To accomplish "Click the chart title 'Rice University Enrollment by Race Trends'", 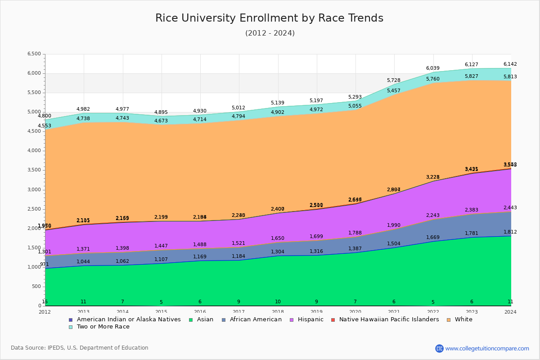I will (x=269, y=18).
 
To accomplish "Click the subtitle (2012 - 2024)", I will (x=270, y=33).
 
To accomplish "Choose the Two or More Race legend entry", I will (x=103, y=327).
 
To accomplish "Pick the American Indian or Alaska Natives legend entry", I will (x=129, y=319).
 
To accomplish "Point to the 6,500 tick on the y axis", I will (x=34, y=54).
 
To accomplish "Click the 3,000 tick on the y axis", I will (x=34, y=189).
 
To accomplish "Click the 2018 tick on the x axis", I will (x=278, y=312).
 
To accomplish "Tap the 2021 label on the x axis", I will (x=394, y=312).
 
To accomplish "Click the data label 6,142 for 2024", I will (x=510, y=64).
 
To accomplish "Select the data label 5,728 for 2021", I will (x=394, y=81).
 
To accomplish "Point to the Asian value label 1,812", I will (x=510, y=232).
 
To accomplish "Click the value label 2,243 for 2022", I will (x=432, y=215).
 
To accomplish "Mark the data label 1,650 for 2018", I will (x=278, y=239).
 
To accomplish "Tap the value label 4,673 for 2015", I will (x=161, y=121).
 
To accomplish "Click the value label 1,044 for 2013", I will (x=83, y=262).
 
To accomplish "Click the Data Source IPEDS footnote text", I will (x=80, y=348).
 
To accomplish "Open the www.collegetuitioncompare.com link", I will (x=487, y=348).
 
